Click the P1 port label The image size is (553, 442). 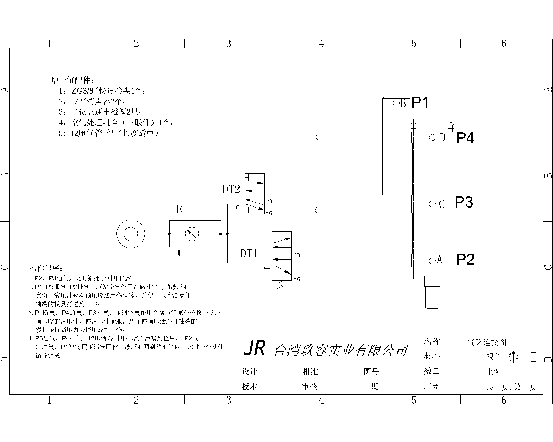pyautogui.click(x=420, y=103)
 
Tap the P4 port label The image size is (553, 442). pyautogui.click(x=465, y=138)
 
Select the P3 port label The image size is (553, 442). pyautogui.click(x=464, y=202)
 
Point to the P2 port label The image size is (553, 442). pyautogui.click(x=465, y=260)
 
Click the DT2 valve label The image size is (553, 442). pyautogui.click(x=231, y=189)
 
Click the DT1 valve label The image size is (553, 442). pyautogui.click(x=249, y=254)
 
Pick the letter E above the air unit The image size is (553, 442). pyautogui.click(x=179, y=210)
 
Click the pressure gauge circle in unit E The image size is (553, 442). pyautogui.click(x=192, y=234)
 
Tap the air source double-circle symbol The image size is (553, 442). pyautogui.click(x=131, y=234)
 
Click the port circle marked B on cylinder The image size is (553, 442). pyautogui.click(x=396, y=103)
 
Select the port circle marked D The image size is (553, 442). pyautogui.click(x=432, y=137)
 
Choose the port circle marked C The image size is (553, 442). pyautogui.click(x=432, y=204)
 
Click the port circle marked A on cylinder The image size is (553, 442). pyautogui.click(x=432, y=260)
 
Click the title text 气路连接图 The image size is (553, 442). pyautogui.click(x=486, y=342)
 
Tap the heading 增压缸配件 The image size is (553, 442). pyautogui.click(x=72, y=80)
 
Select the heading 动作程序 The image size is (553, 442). pyautogui.click(x=46, y=268)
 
